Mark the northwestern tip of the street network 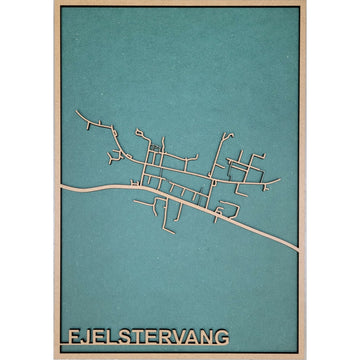(77, 113)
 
